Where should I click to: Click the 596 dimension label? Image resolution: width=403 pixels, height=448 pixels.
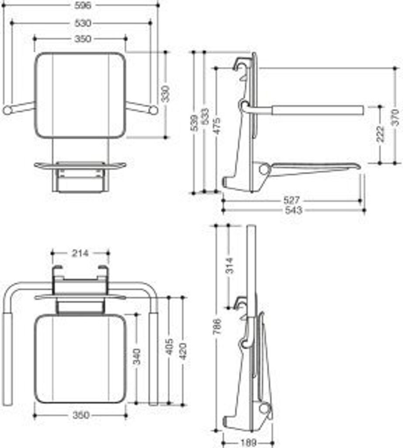(83, 5)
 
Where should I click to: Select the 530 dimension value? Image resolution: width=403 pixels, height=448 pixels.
(83, 23)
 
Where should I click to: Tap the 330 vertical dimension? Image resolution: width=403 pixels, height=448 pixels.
(166, 94)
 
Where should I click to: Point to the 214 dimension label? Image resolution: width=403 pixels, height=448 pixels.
(80, 253)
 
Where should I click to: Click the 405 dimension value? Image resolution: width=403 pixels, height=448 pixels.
(170, 346)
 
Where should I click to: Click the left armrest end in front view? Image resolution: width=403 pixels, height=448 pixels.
(7, 110)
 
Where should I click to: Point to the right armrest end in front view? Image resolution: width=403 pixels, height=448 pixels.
(153, 110)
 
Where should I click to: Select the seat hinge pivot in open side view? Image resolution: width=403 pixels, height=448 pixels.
(263, 168)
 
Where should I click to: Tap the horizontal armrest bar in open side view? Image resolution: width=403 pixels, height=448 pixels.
(317, 109)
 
